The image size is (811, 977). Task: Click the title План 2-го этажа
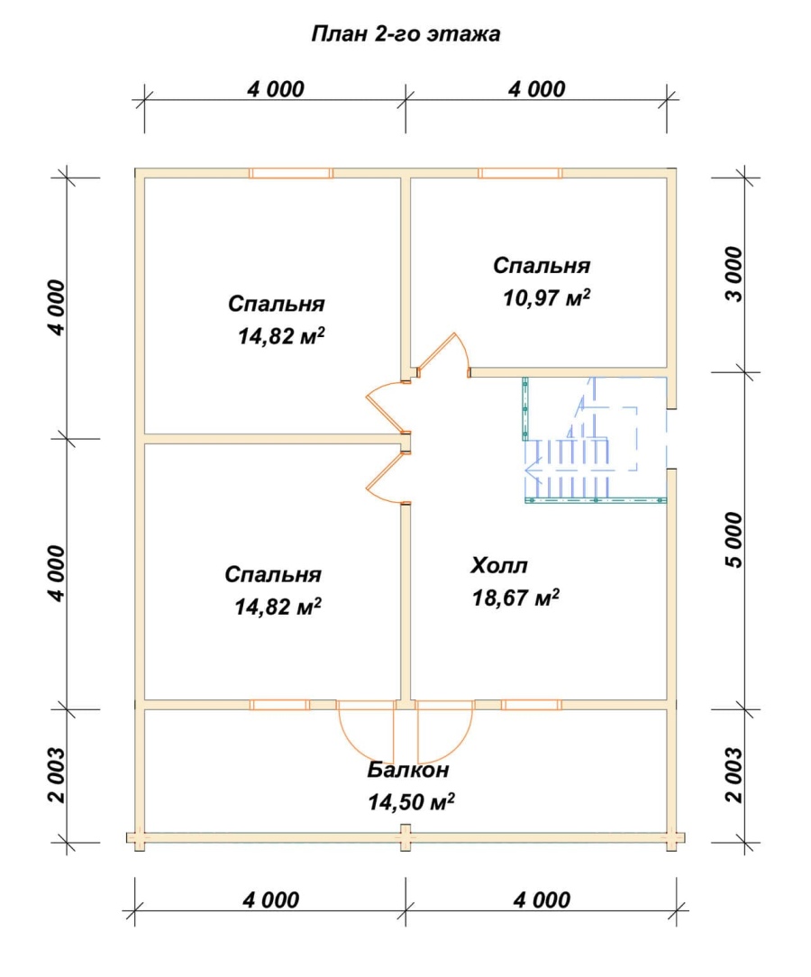coord(405,33)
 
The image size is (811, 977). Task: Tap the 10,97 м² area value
coord(546,297)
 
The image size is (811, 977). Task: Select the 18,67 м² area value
coord(515,598)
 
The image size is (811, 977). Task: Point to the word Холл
coord(499,566)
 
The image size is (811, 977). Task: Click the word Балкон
coord(407,770)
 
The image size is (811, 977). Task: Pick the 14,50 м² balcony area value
coord(411,802)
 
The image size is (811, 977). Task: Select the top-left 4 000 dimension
coord(276,89)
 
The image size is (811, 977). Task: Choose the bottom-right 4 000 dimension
coord(542,899)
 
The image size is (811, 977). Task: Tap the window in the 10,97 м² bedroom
coord(520,173)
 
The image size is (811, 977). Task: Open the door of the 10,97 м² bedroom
coord(443,356)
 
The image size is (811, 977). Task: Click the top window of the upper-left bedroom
coord(291,173)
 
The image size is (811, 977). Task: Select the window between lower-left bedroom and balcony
coord(279,705)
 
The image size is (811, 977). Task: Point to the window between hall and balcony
coord(532,705)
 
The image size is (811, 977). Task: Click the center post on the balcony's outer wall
coord(405,837)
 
